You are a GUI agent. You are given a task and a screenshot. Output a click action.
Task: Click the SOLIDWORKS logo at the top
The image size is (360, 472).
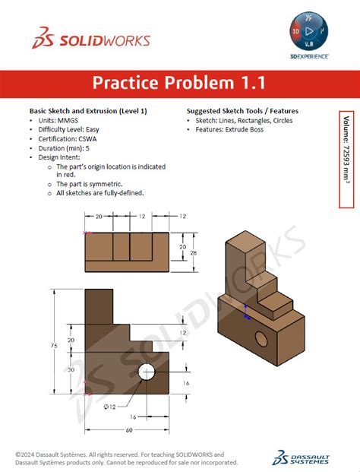90,40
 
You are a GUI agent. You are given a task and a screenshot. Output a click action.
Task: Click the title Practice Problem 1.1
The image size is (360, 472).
179,82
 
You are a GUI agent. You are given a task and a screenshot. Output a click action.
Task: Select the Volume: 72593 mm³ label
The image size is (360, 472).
346,160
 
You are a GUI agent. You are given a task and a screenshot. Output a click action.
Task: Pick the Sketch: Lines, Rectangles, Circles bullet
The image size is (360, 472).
244,120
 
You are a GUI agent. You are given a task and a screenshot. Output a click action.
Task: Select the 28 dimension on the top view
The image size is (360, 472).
193,252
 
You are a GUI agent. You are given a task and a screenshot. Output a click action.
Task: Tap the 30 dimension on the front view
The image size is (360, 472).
71,369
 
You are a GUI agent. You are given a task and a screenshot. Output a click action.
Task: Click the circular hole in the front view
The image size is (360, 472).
146,372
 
